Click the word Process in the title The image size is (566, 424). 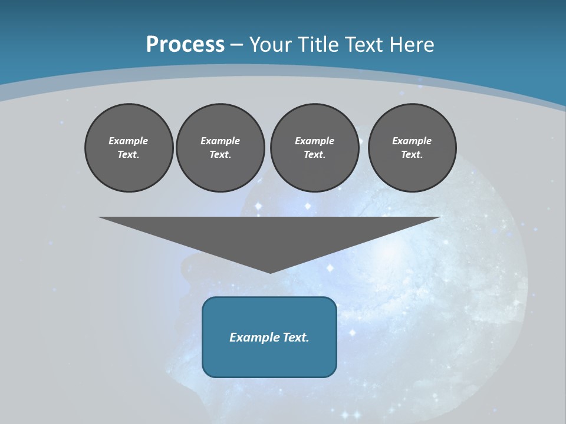point(185,45)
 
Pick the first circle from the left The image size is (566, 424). point(129,148)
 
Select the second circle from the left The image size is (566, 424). point(220,148)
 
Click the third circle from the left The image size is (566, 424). point(314,148)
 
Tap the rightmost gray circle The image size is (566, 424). point(412,148)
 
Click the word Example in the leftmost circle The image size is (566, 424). point(129,141)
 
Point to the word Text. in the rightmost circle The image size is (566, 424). point(412,155)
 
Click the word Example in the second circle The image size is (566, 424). point(220,141)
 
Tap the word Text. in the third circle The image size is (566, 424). point(314,155)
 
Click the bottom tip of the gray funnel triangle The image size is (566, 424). point(270,271)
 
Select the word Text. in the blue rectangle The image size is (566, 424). point(295,337)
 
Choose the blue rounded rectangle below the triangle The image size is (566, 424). point(269,359)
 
